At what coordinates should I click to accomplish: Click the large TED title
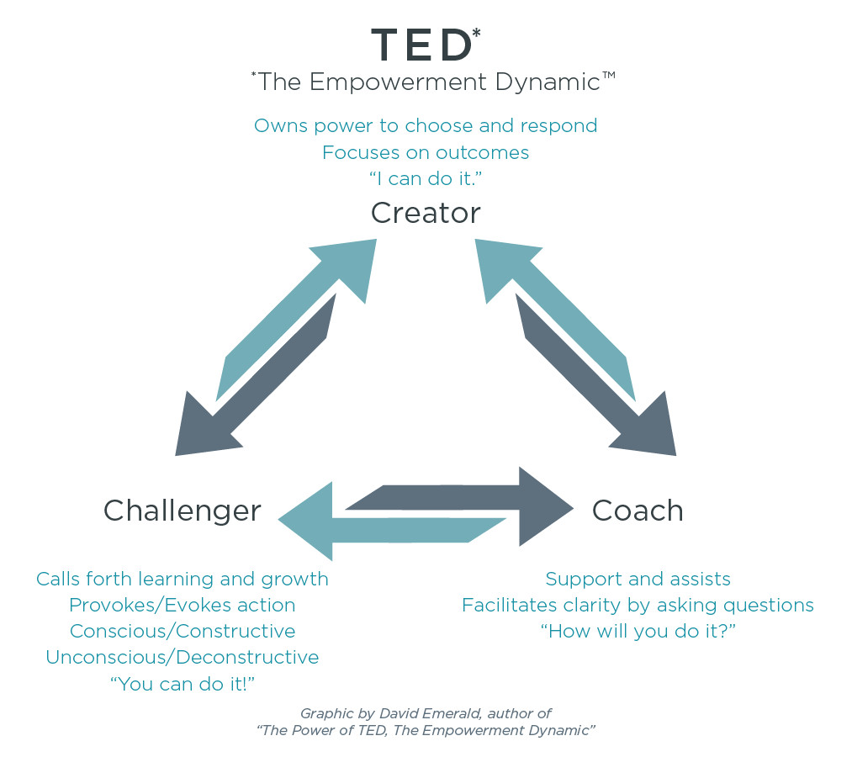pyautogui.click(x=421, y=45)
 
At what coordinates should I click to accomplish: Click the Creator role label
pyautogui.click(x=426, y=213)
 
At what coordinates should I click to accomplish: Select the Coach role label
pyautogui.click(x=638, y=511)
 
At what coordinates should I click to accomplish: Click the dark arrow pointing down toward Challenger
pyautogui.click(x=256, y=375)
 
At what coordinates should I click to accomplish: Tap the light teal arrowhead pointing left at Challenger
pyautogui.click(x=306, y=521)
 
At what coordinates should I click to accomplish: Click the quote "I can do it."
pyautogui.click(x=426, y=179)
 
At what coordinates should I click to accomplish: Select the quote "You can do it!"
pyautogui.click(x=183, y=684)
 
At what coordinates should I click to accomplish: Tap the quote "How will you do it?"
pyautogui.click(x=638, y=631)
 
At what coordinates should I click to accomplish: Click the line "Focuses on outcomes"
pyautogui.click(x=426, y=153)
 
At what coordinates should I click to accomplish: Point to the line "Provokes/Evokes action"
pyautogui.click(x=182, y=605)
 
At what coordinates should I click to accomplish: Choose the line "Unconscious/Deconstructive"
pyautogui.click(x=182, y=657)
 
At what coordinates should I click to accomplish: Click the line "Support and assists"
pyautogui.click(x=638, y=580)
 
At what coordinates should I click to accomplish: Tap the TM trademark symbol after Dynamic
pyautogui.click(x=609, y=75)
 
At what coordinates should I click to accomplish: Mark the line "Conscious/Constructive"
pyautogui.click(x=183, y=631)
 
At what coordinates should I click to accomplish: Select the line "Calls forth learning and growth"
pyautogui.click(x=182, y=580)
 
